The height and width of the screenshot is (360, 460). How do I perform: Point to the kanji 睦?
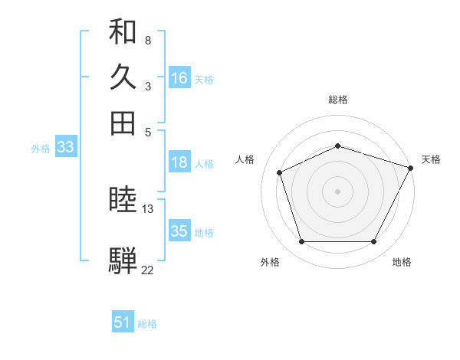tap(123, 201)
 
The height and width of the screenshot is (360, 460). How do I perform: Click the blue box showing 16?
tap(179, 78)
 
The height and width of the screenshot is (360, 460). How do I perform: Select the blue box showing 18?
tap(179, 162)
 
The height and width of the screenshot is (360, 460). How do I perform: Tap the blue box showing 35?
tap(179, 231)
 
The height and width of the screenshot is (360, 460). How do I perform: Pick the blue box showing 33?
tap(64, 148)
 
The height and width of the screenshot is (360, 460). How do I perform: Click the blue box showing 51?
tap(123, 323)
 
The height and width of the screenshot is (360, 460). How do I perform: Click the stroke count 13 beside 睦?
tap(148, 208)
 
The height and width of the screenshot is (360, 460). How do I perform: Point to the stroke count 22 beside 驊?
tap(148, 269)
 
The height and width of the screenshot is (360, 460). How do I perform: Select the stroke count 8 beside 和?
tap(147, 39)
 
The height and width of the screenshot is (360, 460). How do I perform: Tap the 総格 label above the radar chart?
tap(338, 100)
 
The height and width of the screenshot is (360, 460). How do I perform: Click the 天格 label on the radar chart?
tap(431, 159)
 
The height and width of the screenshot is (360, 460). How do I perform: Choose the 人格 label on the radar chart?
tap(245, 159)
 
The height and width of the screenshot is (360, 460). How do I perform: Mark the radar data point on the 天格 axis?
tap(411, 168)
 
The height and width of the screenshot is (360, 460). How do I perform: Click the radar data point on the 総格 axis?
tap(338, 146)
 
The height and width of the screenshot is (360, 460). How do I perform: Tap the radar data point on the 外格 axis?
tap(301, 242)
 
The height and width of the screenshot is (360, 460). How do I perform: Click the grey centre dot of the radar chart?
tap(338, 191)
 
